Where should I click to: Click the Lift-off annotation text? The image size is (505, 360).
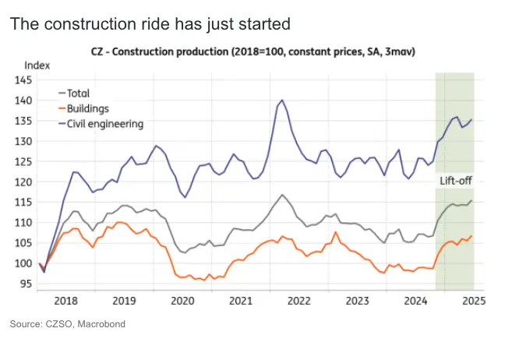click(454, 181)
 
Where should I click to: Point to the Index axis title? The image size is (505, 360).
click(37, 65)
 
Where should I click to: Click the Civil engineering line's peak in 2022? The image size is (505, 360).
click(281, 100)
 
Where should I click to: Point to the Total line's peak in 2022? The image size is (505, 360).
click(281, 195)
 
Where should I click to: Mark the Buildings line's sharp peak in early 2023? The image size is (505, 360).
click(335, 231)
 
